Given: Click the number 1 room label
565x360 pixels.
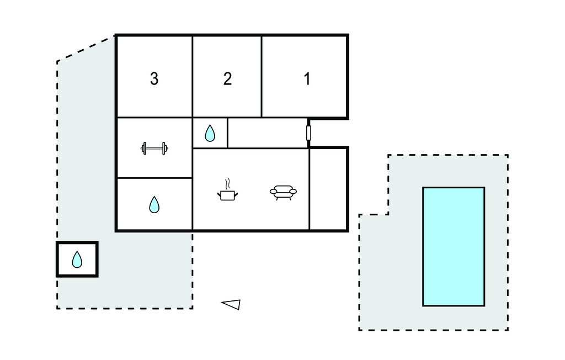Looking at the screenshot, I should (307, 79).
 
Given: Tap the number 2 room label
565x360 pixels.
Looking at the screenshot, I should (227, 79).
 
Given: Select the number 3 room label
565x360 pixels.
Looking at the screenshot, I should (154, 79).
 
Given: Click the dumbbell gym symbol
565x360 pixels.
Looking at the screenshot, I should (154, 148).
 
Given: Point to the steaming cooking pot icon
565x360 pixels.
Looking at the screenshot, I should (227, 193).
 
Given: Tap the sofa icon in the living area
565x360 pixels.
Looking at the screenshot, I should (283, 192).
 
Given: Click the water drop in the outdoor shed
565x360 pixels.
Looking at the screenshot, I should (77, 259).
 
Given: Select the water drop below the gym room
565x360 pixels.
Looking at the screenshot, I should (154, 205).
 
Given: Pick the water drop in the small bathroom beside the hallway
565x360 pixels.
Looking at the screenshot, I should (210, 133).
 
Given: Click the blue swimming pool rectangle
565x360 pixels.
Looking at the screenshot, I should (454, 246).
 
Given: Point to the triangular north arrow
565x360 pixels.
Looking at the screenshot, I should (231, 304).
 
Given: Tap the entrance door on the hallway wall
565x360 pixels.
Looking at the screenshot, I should (308, 133).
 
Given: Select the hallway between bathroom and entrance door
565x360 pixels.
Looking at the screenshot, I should (267, 133).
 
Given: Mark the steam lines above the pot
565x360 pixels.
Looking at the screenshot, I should (226, 183).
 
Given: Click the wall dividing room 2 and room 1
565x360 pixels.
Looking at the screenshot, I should (262, 77).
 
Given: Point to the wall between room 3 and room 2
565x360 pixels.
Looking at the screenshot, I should (192, 77).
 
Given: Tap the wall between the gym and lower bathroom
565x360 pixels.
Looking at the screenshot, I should (154, 178).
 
